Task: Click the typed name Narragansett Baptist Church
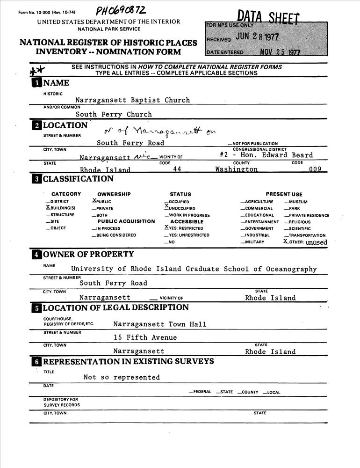(x=133, y=100)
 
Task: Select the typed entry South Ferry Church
(x=114, y=114)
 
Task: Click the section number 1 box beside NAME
(x=36, y=83)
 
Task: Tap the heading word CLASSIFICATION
(x=78, y=179)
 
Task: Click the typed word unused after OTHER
(x=317, y=242)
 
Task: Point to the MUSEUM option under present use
(x=298, y=202)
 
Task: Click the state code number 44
(x=177, y=169)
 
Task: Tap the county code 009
(x=315, y=169)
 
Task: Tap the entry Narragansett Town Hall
(x=159, y=324)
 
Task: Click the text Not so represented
(x=122, y=377)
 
